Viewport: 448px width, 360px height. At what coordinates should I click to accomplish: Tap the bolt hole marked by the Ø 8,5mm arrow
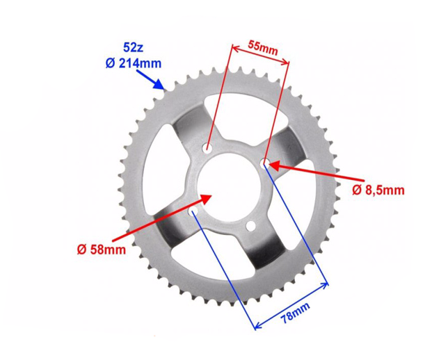265,163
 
